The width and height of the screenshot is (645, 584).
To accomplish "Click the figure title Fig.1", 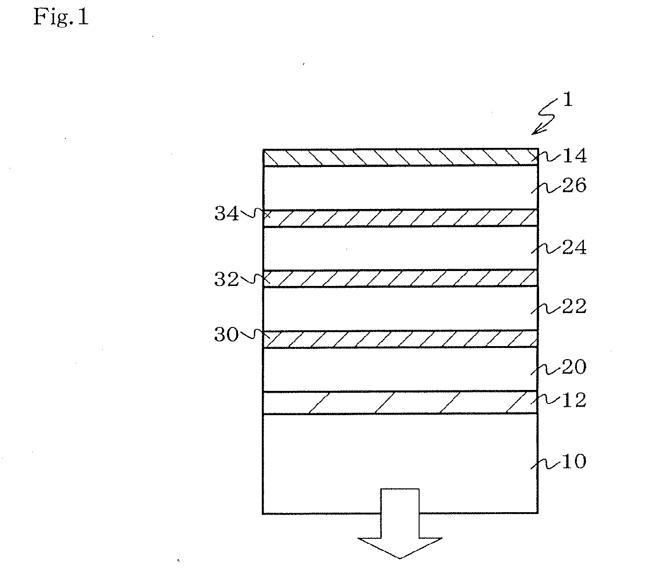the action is click(x=61, y=18).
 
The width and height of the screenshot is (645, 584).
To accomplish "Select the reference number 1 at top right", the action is click(x=568, y=100).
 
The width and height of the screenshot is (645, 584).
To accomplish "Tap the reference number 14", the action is click(x=574, y=156).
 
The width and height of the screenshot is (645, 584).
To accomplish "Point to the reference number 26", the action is click(x=574, y=186).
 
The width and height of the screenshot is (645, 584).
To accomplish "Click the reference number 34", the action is click(x=226, y=214).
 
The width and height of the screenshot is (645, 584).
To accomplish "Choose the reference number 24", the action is click(x=574, y=247).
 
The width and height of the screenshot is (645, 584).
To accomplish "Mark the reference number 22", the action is click(x=574, y=306).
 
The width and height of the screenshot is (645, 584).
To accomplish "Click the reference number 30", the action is click(x=226, y=335).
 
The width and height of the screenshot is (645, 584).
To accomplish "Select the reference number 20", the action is click(x=574, y=367).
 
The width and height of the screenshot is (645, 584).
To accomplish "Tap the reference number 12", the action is click(x=574, y=400).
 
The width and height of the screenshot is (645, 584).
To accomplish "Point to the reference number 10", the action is click(x=574, y=461).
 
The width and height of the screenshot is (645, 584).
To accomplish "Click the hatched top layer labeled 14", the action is click(x=400, y=158).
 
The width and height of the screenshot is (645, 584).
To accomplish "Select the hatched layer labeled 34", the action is click(x=400, y=218).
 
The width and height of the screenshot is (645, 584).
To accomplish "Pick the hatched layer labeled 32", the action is click(x=400, y=278).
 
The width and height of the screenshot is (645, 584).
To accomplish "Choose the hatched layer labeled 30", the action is click(x=400, y=339).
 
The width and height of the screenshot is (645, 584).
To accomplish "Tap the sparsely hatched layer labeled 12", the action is click(x=400, y=402).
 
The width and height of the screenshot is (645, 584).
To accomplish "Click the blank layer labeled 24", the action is click(x=400, y=248).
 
